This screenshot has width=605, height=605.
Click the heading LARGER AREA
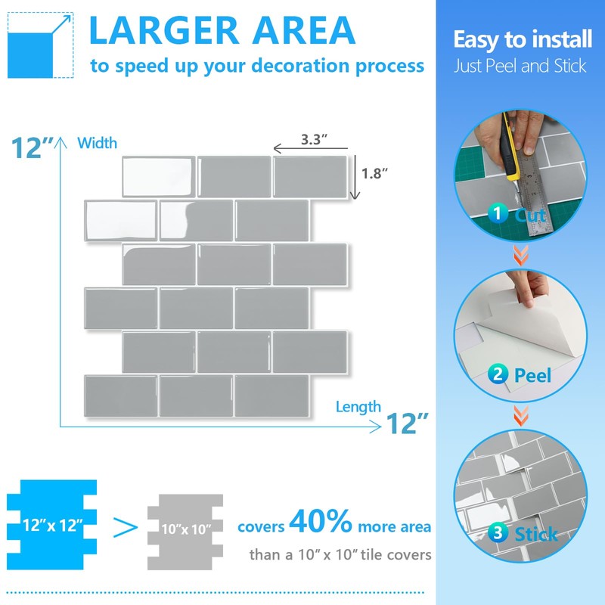tap(222, 30)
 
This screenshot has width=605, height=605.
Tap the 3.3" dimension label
tap(313, 140)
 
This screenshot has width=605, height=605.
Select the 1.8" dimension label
tap(374, 173)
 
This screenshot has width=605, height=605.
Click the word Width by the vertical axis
tap(98, 142)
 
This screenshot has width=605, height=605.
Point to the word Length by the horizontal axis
tap(358, 408)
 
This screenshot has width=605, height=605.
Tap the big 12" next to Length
tap(408, 423)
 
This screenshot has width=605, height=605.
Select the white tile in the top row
tap(159, 175)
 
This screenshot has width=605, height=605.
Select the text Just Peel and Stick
tap(520, 66)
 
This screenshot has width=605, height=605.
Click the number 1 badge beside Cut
tap(496, 214)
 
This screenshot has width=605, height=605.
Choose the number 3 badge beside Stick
tap(496, 533)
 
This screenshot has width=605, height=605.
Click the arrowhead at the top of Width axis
tap(60, 140)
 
